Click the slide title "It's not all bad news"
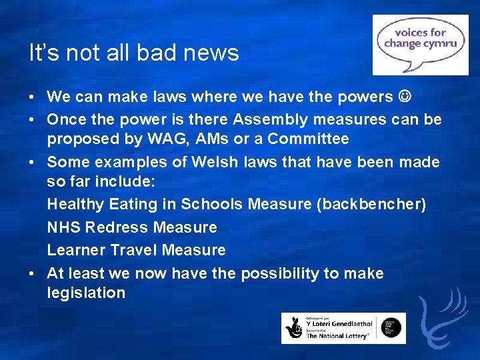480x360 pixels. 134,53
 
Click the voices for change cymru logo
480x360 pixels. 420,45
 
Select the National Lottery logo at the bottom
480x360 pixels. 343,328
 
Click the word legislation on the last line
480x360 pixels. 86,293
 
